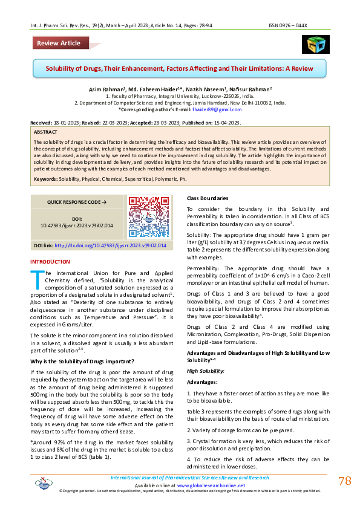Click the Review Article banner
tap(59, 43)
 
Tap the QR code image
tap(143, 213)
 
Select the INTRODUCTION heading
tap(50, 261)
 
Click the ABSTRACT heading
tap(46, 131)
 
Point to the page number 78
tap(345, 481)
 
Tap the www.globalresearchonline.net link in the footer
tap(211, 485)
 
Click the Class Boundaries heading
tap(207, 198)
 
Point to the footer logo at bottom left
tap(44, 483)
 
